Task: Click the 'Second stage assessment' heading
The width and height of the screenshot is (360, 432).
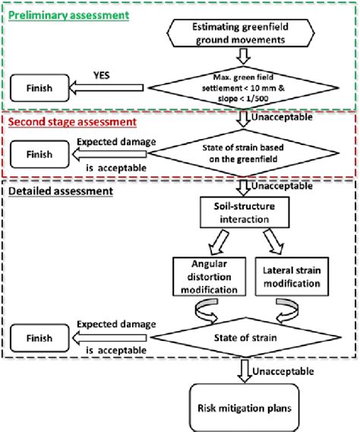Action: (x=69, y=121)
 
